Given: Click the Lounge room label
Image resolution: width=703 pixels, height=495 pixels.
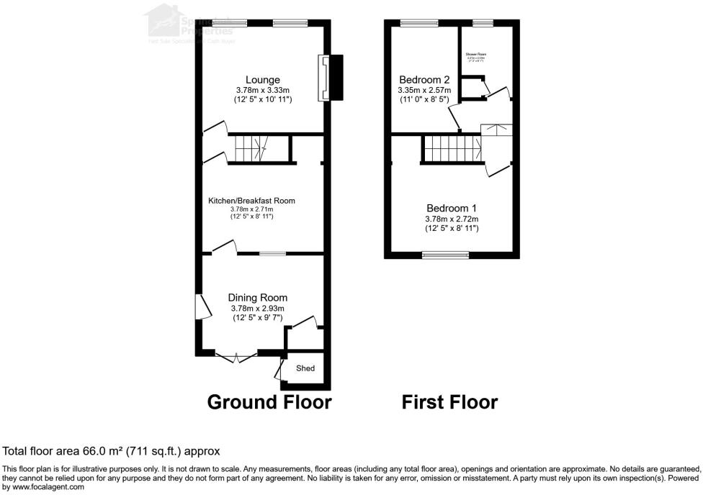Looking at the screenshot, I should tap(262, 79).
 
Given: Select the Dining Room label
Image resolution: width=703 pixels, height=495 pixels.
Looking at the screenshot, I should tap(257, 297).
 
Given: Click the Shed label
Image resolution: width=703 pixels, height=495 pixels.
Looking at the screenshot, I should tap(305, 368).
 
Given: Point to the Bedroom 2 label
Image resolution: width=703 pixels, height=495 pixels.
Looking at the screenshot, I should tap(425, 79).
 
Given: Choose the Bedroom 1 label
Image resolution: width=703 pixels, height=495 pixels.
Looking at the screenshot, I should tap(451, 208).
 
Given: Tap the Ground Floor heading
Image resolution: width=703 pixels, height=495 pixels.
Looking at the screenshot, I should tap(269, 401).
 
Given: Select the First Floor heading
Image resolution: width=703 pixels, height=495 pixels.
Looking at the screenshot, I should tap(449, 401).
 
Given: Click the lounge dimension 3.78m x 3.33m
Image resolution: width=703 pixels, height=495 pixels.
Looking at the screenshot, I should tap(262, 90).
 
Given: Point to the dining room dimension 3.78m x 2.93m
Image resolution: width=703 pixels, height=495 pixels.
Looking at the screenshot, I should tap(257, 308).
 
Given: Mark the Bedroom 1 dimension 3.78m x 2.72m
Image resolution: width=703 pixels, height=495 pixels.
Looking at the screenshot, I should tap(451, 219).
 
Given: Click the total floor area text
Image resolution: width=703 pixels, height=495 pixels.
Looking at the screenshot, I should tap(112, 451).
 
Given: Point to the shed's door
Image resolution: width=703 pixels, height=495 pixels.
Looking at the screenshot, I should tap(278, 370).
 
